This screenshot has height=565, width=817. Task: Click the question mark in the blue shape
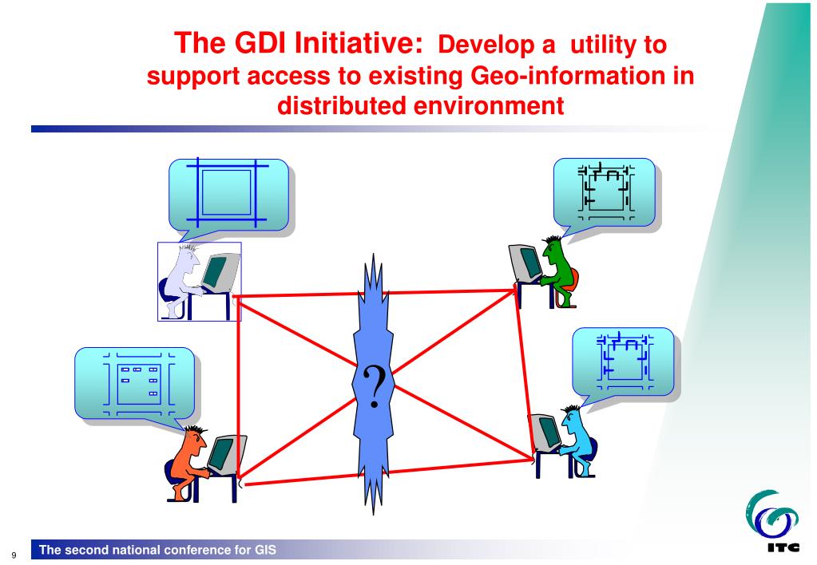[x=372, y=387]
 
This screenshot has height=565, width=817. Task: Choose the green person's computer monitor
[x=526, y=261]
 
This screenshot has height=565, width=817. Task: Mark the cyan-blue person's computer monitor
[x=547, y=433]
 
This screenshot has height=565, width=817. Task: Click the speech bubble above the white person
[x=228, y=195]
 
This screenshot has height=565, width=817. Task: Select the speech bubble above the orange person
[x=133, y=382]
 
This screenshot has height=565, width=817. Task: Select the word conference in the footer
[x=178, y=549]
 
